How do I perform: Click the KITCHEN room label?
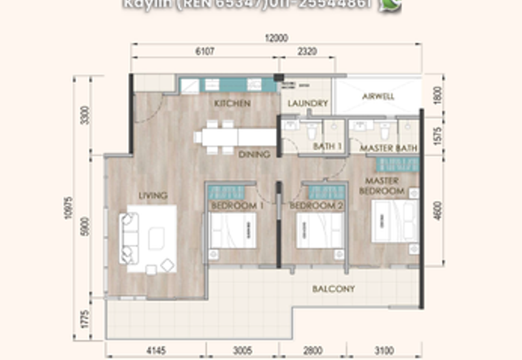[232, 104]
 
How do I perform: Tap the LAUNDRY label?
[307, 104]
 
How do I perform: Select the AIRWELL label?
[378, 97]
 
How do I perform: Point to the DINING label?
[254, 155]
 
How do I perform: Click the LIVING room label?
[153, 195]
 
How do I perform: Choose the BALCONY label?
[333, 289]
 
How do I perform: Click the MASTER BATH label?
[389, 149]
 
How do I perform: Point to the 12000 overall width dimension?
[276, 38]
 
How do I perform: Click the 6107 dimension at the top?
[205, 51]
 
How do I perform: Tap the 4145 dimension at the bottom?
[156, 351]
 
